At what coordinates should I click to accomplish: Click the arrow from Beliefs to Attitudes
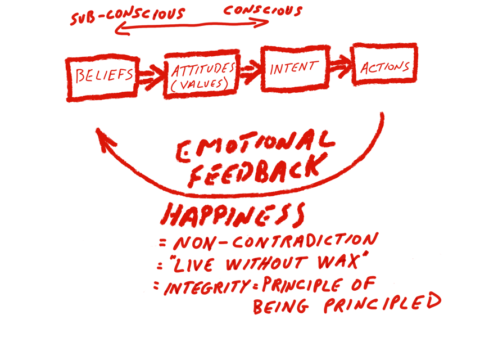tap(152, 77)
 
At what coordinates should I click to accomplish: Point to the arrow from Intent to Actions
tap(341, 66)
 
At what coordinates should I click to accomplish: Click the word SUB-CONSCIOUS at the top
tap(128, 16)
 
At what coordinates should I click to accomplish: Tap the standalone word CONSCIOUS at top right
tap(263, 11)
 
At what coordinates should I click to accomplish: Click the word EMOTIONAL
tap(255, 145)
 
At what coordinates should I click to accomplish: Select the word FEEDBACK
tap(257, 170)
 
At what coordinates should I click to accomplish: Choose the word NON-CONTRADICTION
tap(276, 242)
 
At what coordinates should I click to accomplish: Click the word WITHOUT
tap(266, 263)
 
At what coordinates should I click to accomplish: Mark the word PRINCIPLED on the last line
tap(383, 303)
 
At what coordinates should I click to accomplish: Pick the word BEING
tap(280, 307)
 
